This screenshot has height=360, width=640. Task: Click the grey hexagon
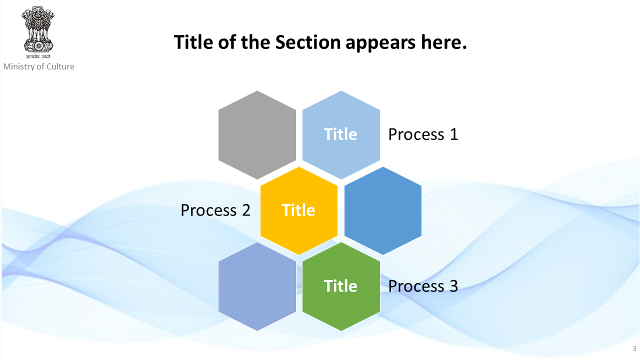[x=257, y=135]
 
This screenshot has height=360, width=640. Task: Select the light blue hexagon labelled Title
[x=341, y=135]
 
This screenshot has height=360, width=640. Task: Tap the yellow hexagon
[x=299, y=210]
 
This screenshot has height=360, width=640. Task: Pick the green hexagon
[x=341, y=286]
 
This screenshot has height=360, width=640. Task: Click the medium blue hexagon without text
[x=383, y=210]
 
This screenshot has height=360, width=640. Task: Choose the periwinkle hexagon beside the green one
[x=257, y=286]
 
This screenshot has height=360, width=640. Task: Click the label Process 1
[x=423, y=134]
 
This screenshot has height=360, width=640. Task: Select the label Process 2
[x=215, y=210]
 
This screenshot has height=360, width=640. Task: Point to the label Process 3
[x=423, y=286]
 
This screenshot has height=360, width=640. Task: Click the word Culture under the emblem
[x=60, y=66]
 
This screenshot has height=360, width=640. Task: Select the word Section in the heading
[x=307, y=42]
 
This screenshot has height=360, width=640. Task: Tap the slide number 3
[x=634, y=348]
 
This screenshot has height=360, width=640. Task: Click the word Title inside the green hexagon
[x=340, y=286]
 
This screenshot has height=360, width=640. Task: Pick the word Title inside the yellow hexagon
[x=298, y=210]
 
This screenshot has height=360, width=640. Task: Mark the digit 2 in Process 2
[x=246, y=210]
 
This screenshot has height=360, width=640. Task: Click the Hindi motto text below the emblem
[x=38, y=56]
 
